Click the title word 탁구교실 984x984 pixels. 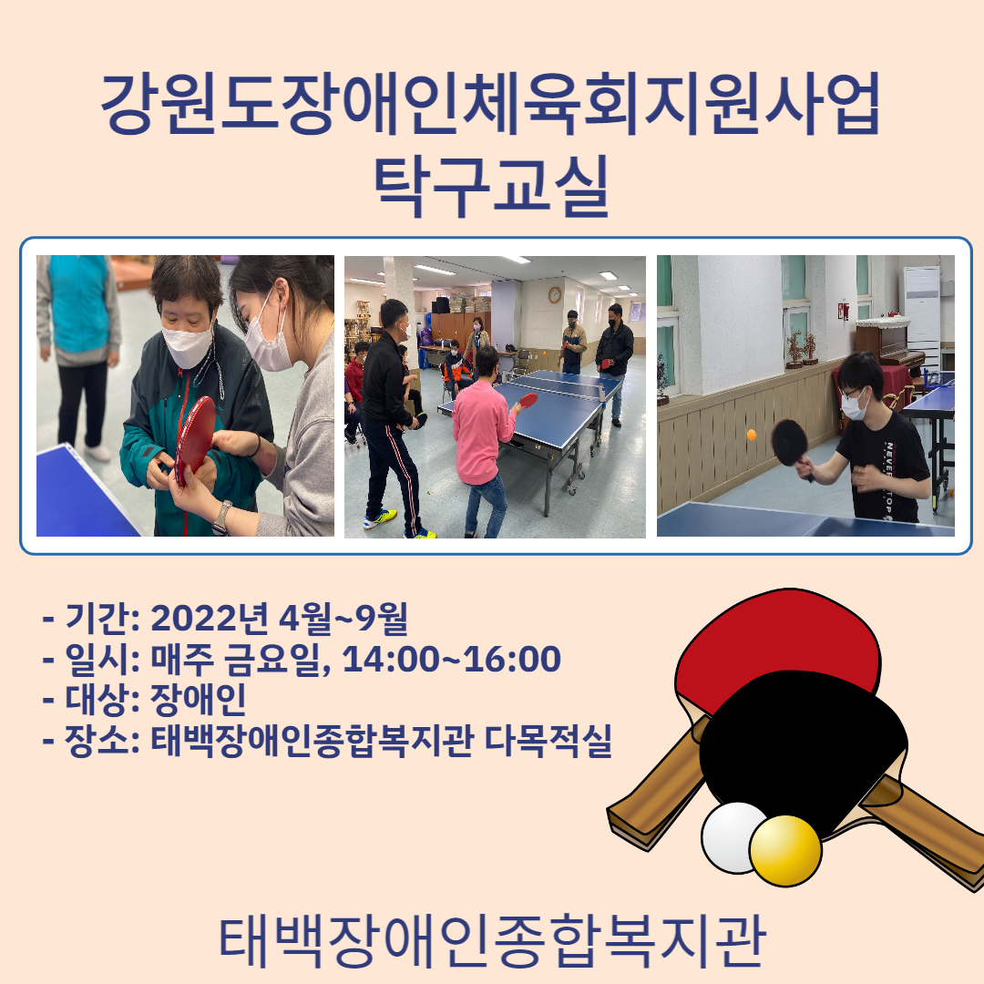click(491, 186)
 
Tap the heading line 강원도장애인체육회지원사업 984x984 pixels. click(491, 104)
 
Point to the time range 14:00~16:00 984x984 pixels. click(452, 659)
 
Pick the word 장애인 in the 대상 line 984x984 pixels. click(199, 700)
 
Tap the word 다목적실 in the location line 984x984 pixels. click(548, 741)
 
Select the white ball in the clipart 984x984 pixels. click(731, 838)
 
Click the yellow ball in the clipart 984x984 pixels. click(785, 851)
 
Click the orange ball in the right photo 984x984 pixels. click(751, 435)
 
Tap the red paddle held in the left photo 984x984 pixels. click(195, 439)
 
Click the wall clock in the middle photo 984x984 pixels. click(555, 295)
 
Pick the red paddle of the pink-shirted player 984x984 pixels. click(528, 400)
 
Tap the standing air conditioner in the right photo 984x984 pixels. click(921, 313)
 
